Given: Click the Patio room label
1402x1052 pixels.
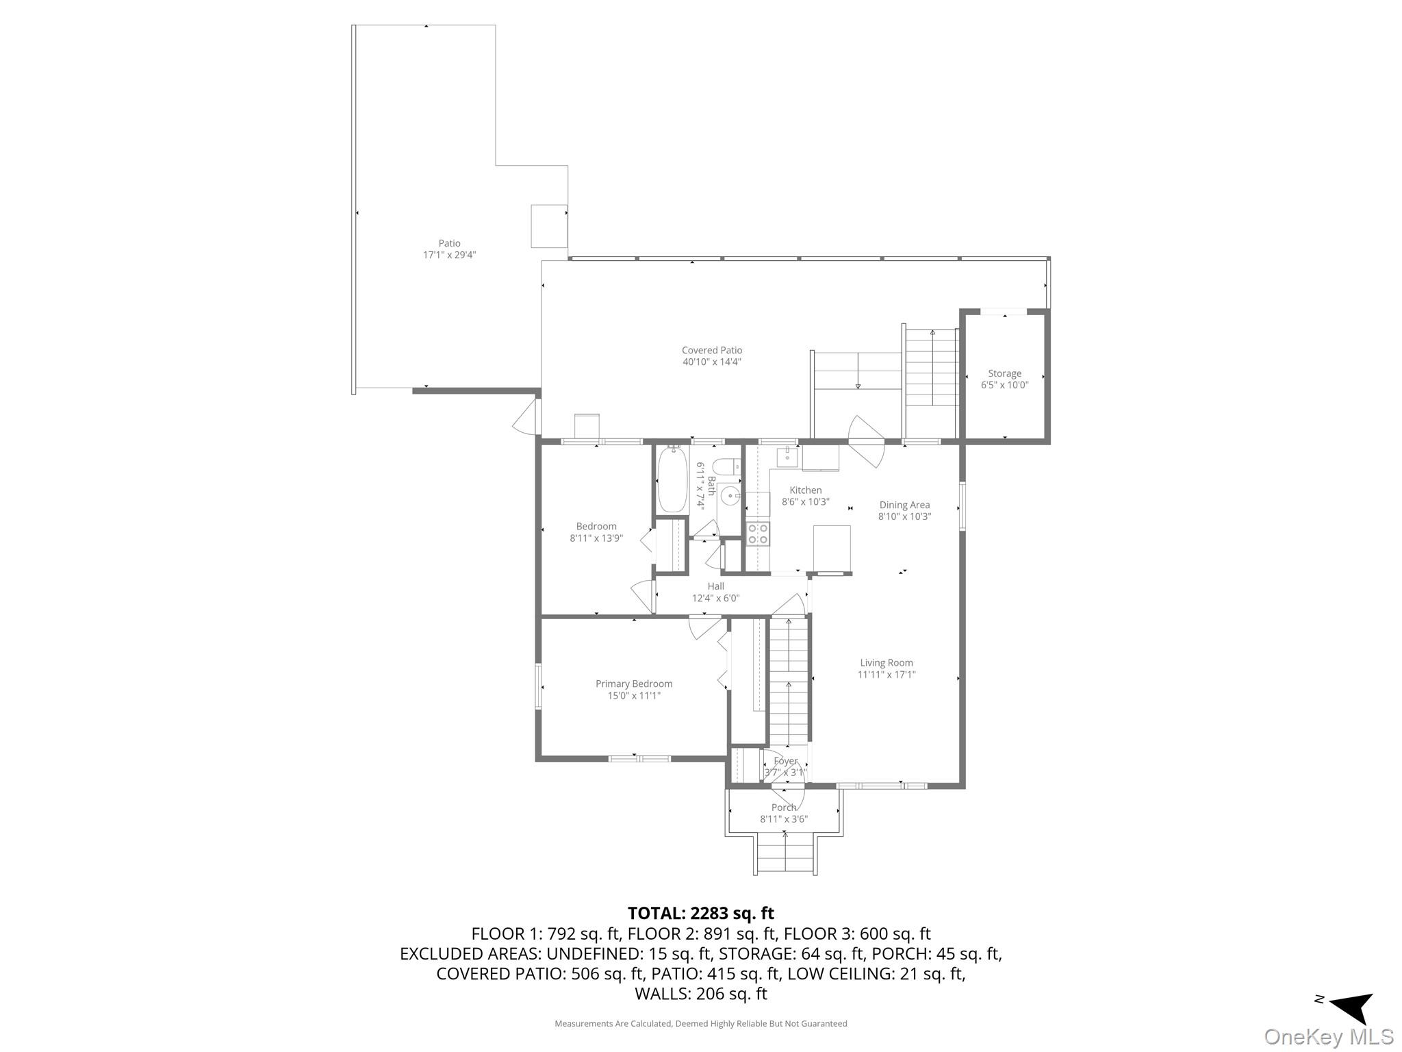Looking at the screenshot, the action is [x=449, y=243].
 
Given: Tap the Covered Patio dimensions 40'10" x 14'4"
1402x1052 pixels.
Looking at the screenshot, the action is [x=712, y=362].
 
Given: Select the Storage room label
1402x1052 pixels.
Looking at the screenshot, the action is [x=1004, y=373].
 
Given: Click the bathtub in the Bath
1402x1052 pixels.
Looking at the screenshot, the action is [x=672, y=479].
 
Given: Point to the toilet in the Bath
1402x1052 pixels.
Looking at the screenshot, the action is [x=726, y=466].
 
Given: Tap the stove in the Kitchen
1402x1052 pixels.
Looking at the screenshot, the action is [x=758, y=534].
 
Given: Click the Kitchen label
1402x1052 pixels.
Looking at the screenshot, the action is [x=805, y=490].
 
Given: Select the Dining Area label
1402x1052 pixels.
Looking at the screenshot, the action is [x=904, y=505].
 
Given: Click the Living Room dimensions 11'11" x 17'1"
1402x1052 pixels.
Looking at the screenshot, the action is [x=887, y=675].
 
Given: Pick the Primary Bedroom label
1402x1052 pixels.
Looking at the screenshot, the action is [x=634, y=684].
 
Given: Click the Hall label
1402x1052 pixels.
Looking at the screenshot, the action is [x=716, y=586].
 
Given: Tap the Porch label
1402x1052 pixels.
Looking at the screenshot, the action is [x=784, y=807].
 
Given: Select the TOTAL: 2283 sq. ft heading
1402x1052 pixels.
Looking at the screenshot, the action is [x=701, y=913].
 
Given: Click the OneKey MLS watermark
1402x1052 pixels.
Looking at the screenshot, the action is [x=1329, y=1037].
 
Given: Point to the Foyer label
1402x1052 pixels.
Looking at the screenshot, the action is [x=785, y=761].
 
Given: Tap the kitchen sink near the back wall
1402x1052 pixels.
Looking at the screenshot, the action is [x=787, y=455].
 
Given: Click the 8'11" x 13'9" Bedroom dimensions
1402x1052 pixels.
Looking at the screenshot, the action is [x=596, y=538].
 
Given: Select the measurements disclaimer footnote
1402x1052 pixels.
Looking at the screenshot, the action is [x=701, y=1023].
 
